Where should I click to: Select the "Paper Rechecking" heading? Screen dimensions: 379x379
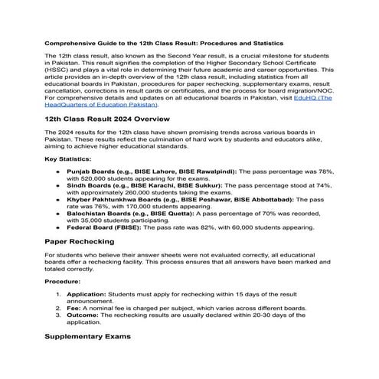pyautogui.click(x=80, y=240)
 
